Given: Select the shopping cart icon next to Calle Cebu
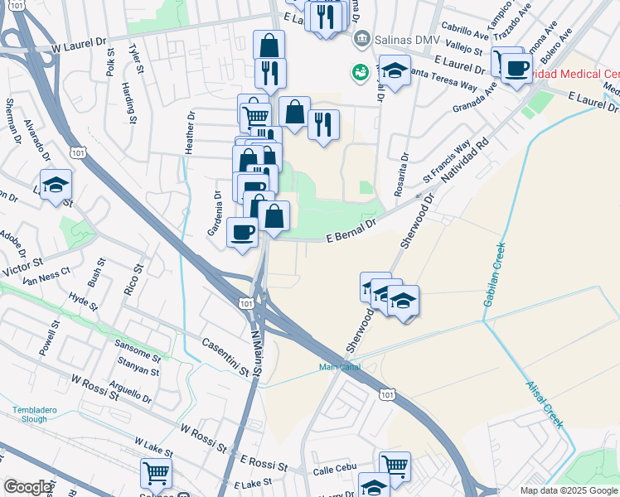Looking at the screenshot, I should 395,466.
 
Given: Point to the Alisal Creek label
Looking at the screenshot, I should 544,404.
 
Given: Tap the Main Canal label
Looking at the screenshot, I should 339,368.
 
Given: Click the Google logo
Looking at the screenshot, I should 28,487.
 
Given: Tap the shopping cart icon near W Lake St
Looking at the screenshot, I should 155,473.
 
